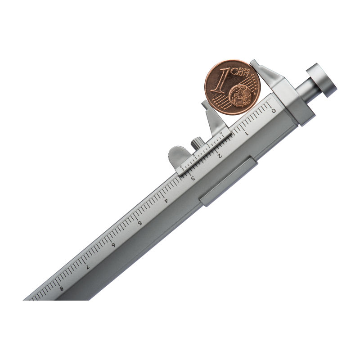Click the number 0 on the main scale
(x=274, y=111)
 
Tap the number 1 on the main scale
(x=247, y=133)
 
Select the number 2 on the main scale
(x=220, y=156)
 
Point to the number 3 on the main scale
(x=193, y=178)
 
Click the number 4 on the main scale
(x=166, y=201)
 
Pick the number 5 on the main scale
(x=139, y=223)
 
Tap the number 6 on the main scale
(x=113, y=245)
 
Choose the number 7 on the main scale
(x=87, y=267)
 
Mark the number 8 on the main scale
(x=61, y=288)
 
